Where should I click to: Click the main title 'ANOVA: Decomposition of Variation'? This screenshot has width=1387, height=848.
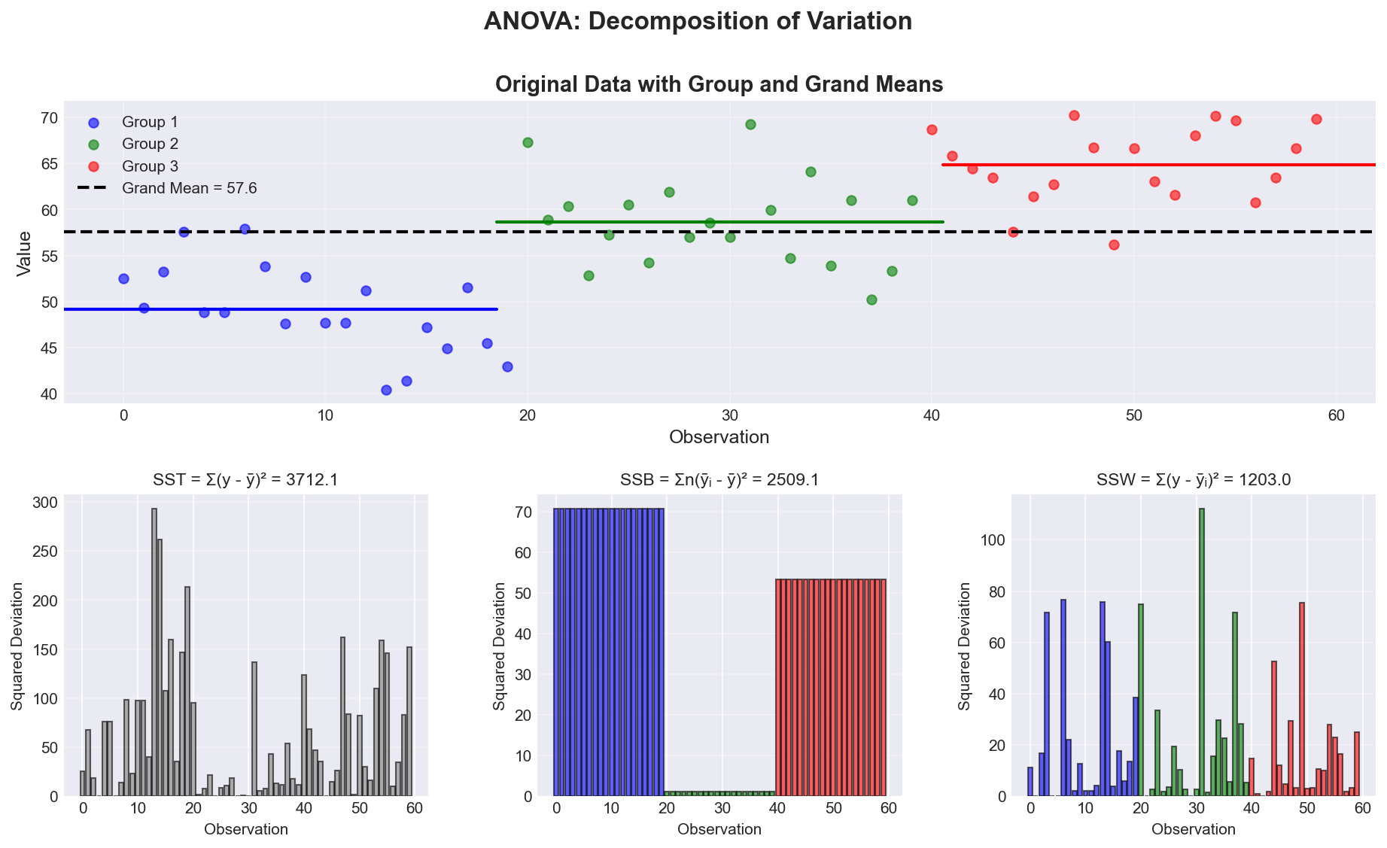pos(698,21)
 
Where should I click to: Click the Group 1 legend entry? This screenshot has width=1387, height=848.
pos(150,122)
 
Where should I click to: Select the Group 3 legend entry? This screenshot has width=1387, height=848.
pos(150,166)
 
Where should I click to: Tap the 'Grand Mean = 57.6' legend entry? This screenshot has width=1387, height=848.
pos(189,188)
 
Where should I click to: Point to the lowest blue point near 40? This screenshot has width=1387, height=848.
pos(386,390)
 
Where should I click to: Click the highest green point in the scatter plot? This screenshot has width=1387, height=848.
pos(750,124)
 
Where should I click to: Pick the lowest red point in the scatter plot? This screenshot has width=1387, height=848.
pos(1114,245)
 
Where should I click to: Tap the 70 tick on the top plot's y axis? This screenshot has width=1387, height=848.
pos(49,118)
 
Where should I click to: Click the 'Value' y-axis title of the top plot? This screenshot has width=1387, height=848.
pos(25,254)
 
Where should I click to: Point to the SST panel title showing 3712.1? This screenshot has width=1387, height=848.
pos(246,479)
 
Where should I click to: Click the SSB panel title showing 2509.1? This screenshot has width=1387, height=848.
pos(719,479)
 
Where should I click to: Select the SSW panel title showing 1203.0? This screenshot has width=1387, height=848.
pos(1194,479)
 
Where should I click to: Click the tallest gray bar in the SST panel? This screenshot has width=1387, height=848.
pos(154,652)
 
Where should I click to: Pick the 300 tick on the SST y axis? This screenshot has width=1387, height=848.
pos(43,503)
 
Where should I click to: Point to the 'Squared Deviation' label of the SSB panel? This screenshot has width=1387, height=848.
pos(498,646)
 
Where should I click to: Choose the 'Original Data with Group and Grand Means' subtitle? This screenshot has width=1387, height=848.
pos(719,84)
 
